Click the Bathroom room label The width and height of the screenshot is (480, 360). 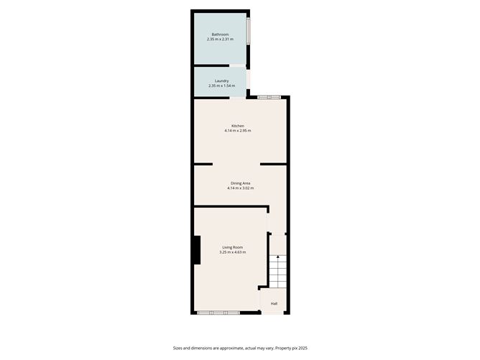tap(220, 34)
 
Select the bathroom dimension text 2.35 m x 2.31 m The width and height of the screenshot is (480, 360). tap(220, 39)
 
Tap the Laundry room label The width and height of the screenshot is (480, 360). tap(221, 80)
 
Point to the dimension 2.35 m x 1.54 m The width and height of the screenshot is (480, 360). tap(221, 86)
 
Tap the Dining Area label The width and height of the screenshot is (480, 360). tap(240, 183)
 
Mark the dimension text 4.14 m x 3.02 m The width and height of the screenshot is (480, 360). tap(240, 188)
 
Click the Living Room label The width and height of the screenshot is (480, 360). tap(232, 247)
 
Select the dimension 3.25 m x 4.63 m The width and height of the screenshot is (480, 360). tap(232, 252)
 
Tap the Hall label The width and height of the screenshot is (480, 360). tap(274, 303)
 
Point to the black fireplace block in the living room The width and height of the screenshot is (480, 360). tap(196, 250)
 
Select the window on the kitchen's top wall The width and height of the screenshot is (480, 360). tap(269, 97)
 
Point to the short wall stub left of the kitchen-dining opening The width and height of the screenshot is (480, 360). tap(203, 165)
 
